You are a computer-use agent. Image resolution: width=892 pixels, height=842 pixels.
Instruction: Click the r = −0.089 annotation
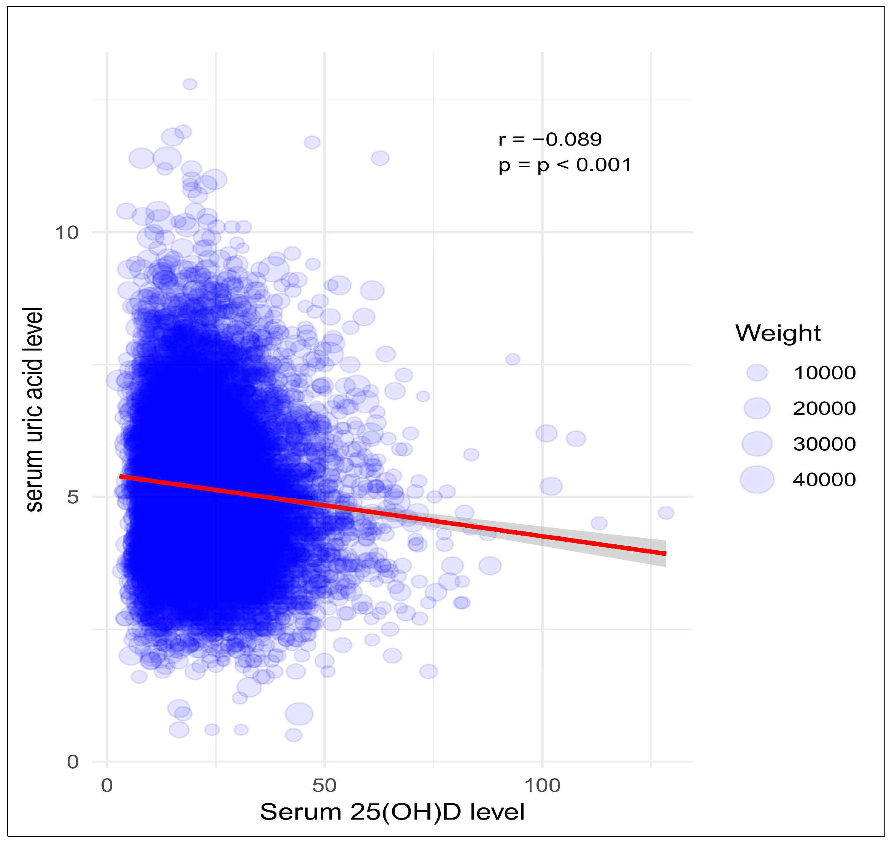point(549,140)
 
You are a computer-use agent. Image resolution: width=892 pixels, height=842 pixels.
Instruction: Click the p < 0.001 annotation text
point(565,165)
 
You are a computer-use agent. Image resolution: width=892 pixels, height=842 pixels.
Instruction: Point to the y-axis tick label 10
point(67,233)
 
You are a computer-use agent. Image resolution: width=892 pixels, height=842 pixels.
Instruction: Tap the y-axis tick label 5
point(73,497)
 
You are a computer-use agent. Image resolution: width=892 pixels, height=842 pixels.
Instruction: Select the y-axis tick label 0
point(73,762)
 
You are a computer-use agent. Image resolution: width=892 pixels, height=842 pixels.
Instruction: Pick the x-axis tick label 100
point(542,785)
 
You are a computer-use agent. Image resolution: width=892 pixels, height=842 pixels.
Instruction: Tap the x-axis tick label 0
point(107,785)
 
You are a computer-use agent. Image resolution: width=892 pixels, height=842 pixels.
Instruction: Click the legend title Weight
point(778,333)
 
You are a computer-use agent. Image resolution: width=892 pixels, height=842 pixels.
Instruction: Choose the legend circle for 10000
point(757,373)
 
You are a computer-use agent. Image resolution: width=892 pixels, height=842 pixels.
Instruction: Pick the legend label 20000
point(824,408)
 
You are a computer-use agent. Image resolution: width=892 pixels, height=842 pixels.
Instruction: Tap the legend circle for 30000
point(757,444)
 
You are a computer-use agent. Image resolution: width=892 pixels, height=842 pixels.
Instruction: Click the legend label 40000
point(824,479)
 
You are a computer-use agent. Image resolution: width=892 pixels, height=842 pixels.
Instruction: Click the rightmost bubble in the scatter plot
point(666,512)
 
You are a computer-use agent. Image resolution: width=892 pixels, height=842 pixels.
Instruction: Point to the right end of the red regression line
point(665,553)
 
